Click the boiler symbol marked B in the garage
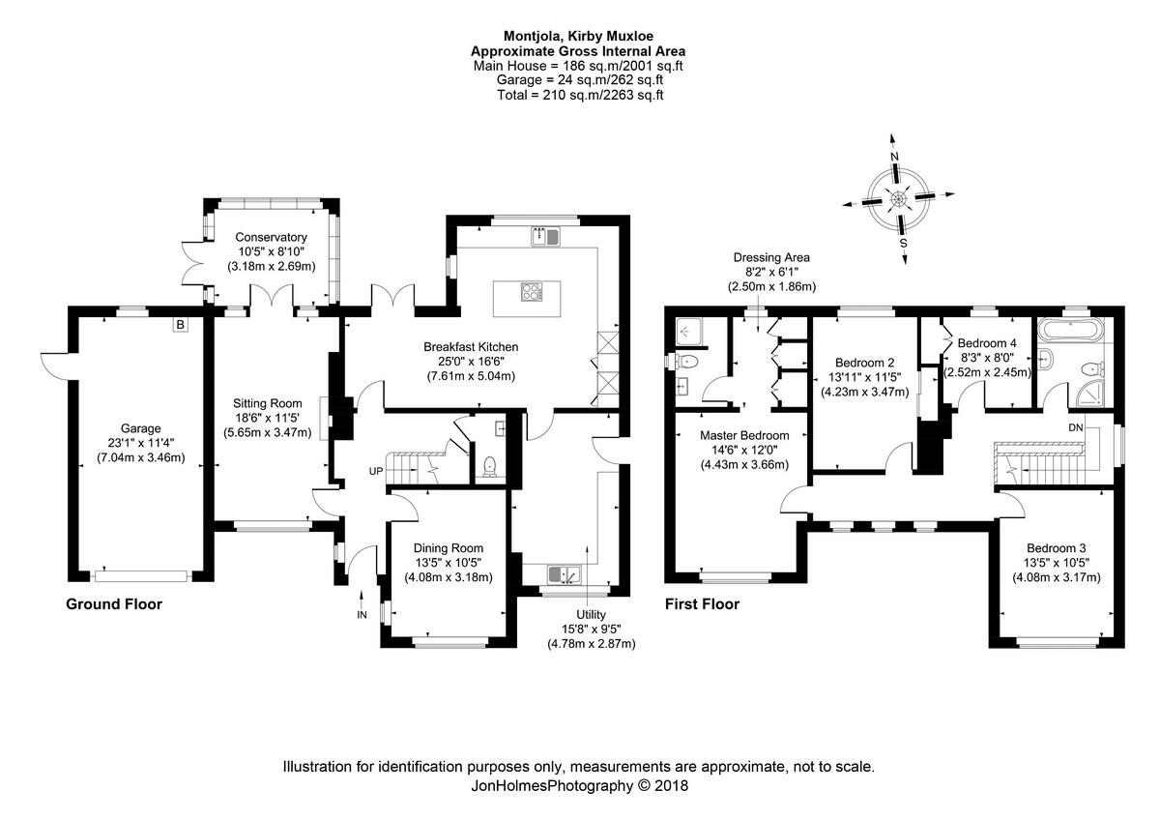[x=180, y=325]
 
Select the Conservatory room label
[x=271, y=237]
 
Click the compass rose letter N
[x=895, y=157]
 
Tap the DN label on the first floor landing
[x=1076, y=426]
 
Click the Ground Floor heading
[x=113, y=604]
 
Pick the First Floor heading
[x=702, y=604]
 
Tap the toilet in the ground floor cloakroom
[x=490, y=465]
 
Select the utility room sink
[x=564, y=574]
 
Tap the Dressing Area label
[x=770, y=257]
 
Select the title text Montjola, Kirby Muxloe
[x=578, y=37]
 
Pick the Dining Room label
[x=448, y=547]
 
